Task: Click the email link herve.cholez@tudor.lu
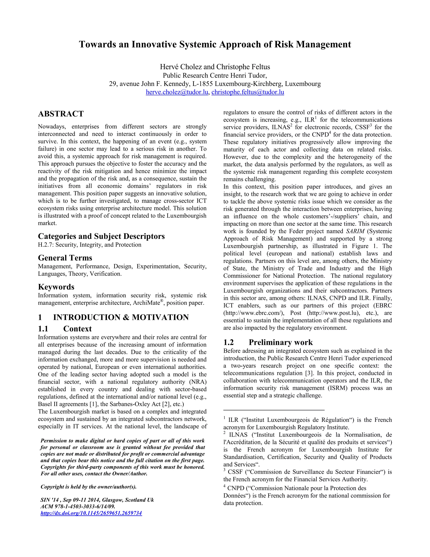(x=177, y=92)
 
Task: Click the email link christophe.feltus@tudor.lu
(x=248, y=92)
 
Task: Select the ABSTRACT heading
(x=61, y=114)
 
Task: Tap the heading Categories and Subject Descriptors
(x=101, y=236)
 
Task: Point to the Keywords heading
(x=56, y=287)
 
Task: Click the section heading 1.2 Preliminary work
(x=268, y=342)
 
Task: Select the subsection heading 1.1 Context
(x=65, y=329)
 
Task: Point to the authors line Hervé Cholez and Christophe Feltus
(x=215, y=67)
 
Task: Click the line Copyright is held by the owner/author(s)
(x=88, y=487)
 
